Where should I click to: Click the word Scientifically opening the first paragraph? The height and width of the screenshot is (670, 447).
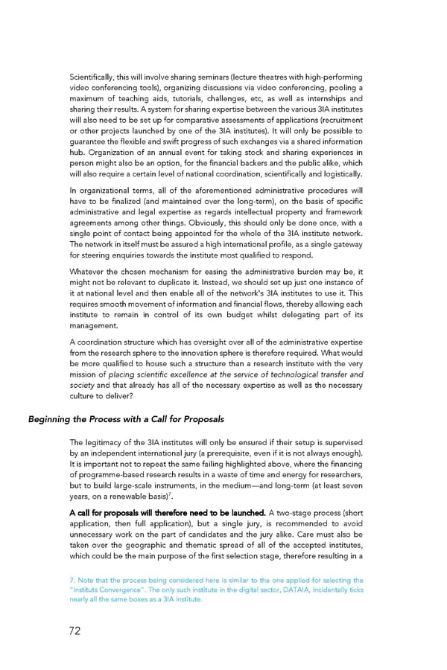(x=91, y=77)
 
